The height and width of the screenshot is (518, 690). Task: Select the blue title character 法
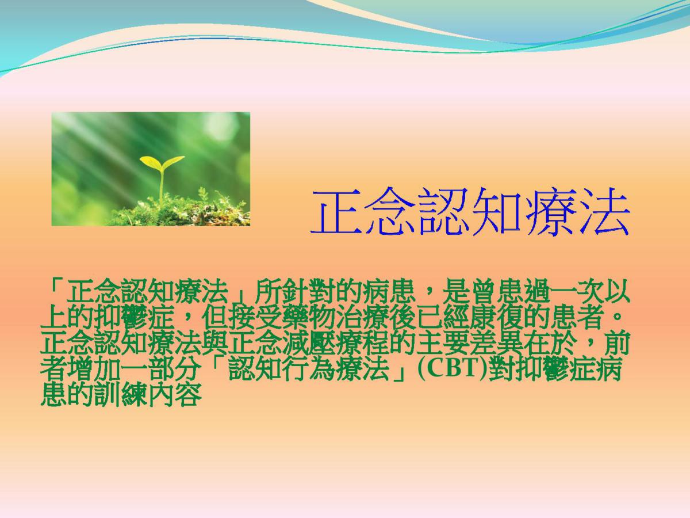[x=603, y=211]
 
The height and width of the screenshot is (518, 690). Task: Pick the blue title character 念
[x=390, y=211]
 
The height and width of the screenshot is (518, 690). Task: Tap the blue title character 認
[x=443, y=211]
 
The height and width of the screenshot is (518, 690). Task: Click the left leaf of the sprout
[x=150, y=162]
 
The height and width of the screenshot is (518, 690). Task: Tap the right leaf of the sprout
[x=174, y=161]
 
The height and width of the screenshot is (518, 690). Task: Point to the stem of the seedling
[x=162, y=186]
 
